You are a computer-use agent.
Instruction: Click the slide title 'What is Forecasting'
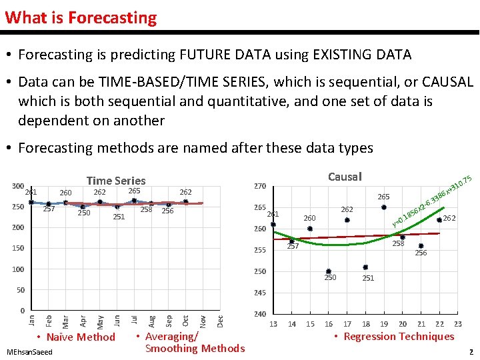pos(81,17)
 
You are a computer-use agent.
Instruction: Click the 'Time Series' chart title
pos(116,180)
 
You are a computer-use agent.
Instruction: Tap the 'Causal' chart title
pos(345,176)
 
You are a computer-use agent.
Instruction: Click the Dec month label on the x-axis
pos(221,321)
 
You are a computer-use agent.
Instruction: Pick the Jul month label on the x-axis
pos(135,321)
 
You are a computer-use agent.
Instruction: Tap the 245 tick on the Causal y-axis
pos(259,293)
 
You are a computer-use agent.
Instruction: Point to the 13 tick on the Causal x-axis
pos(273,324)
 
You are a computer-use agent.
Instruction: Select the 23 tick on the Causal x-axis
pos(458,324)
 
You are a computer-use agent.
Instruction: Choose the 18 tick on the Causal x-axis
pos(365,324)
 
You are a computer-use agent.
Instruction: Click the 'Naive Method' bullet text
pos(81,337)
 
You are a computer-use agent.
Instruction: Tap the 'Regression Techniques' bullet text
pos(399,337)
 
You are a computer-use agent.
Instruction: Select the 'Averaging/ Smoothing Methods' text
pos(194,342)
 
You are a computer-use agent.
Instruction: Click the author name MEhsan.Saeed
pos(28,351)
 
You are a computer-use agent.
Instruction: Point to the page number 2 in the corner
pos(471,351)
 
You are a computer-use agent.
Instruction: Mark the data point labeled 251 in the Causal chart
pos(365,267)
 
